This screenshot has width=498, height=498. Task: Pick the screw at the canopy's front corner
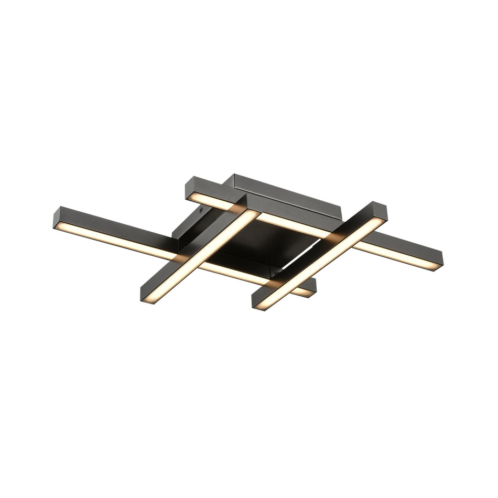[x=273, y=273]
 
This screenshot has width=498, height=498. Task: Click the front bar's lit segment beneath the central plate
[x=225, y=268]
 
